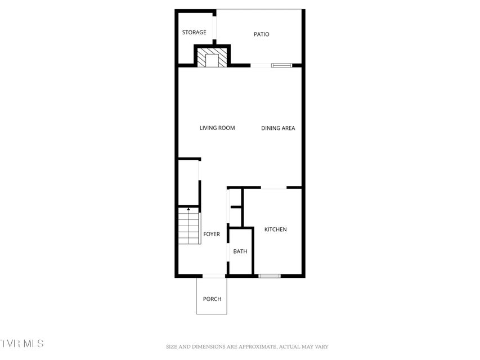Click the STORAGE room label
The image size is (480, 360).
click(x=194, y=33)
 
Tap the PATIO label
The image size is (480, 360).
click(x=262, y=34)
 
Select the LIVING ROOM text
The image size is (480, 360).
click(x=217, y=128)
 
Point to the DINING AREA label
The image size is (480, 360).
click(x=278, y=128)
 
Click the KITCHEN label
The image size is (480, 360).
click(x=276, y=229)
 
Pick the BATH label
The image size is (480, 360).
click(x=240, y=251)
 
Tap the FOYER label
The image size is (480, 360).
click(x=212, y=234)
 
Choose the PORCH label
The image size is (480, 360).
click(x=212, y=299)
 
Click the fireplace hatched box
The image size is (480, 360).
click(x=212, y=57)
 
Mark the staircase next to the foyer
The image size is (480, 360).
click(x=189, y=226)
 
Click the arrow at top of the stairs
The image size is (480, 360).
click(x=189, y=209)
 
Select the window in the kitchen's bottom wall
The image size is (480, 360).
click(x=270, y=276)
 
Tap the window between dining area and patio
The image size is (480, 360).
click(x=281, y=65)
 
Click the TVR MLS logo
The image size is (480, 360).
click(x=22, y=343)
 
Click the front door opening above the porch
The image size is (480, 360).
click(x=214, y=276)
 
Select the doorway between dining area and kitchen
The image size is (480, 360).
click(x=273, y=188)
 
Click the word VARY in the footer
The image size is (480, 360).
click(x=322, y=347)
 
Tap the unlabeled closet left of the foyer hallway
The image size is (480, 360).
click(x=189, y=183)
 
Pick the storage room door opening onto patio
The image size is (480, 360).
click(x=214, y=28)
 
